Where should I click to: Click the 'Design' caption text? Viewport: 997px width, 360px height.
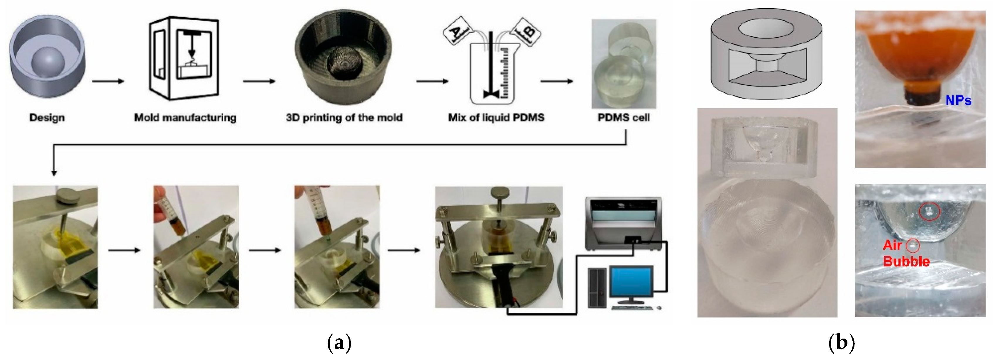pyautogui.click(x=47, y=117)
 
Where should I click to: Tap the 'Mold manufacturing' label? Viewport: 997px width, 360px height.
pyautogui.click(x=185, y=117)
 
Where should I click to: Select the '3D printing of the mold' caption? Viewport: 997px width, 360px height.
pyautogui.click(x=344, y=117)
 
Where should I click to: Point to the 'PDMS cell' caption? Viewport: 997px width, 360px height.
pyautogui.click(x=624, y=117)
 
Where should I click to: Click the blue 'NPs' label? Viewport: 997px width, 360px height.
pyautogui.click(x=958, y=101)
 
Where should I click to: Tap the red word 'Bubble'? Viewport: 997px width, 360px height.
pyautogui.click(x=906, y=261)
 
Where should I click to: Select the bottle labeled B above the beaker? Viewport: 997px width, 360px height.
pyautogui.click(x=526, y=31)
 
